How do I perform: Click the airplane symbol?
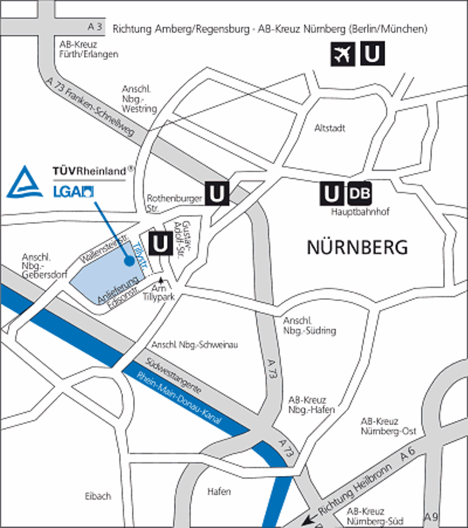click(343, 54)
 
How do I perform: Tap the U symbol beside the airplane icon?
click(372, 54)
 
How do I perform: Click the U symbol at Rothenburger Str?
click(217, 193)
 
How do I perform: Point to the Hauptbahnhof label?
click(360, 212)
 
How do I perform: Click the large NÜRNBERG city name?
click(357, 247)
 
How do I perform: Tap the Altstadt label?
click(330, 128)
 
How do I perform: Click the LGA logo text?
click(73, 192)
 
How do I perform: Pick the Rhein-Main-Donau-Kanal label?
click(180, 399)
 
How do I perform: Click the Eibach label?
click(98, 496)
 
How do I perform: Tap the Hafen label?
click(219, 492)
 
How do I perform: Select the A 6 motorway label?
click(407, 456)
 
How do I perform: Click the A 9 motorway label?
click(431, 517)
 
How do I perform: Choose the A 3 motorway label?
click(95, 27)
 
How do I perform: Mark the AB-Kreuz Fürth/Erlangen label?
click(89, 49)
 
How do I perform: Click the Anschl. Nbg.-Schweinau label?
click(195, 345)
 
